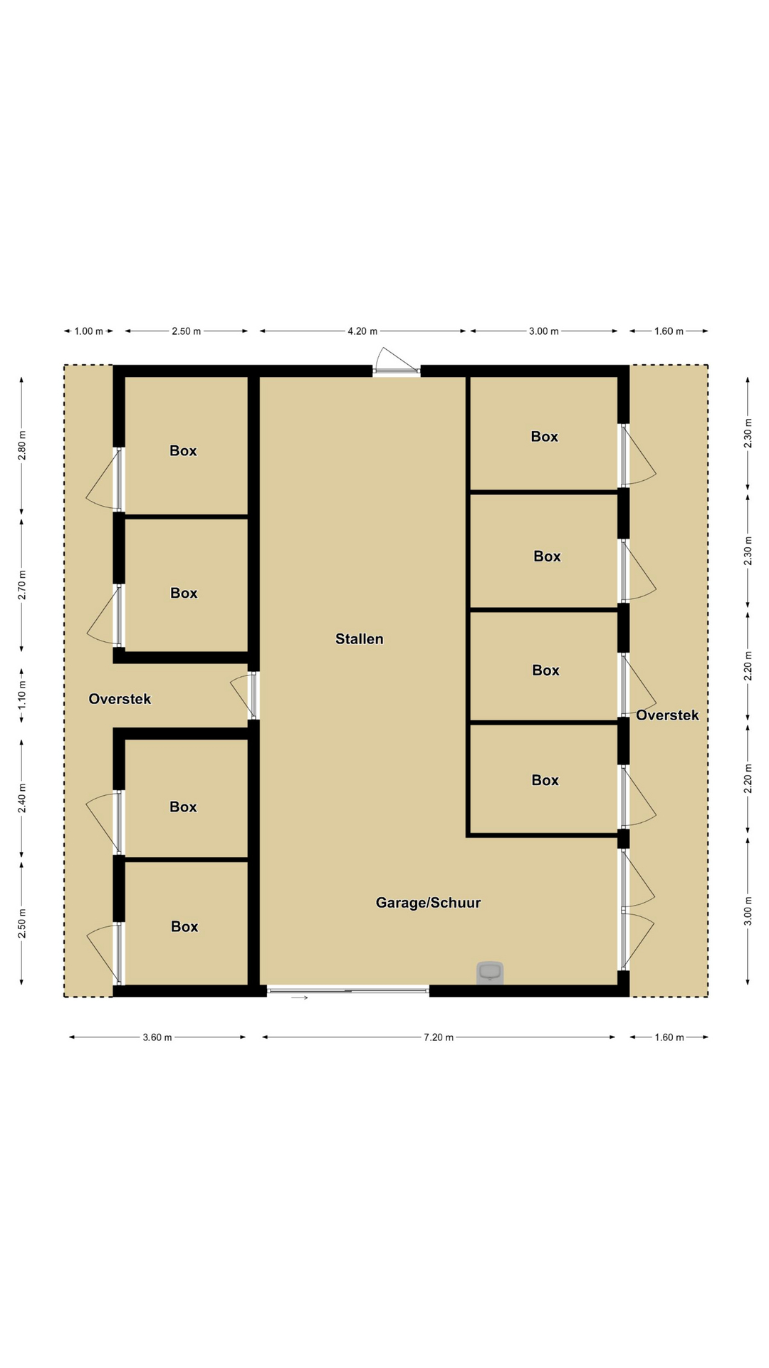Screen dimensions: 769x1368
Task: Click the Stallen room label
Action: tap(360, 639)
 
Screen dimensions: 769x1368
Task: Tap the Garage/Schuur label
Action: tap(428, 903)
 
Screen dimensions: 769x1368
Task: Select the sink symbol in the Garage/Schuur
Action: tap(490, 973)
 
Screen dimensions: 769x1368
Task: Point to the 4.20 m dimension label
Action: tap(362, 331)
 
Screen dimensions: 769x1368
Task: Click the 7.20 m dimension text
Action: tap(439, 1037)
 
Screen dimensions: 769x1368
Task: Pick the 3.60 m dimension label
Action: tap(157, 1037)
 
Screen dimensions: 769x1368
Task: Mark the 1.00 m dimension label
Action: tap(89, 331)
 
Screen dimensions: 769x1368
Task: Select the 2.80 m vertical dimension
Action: tap(22, 446)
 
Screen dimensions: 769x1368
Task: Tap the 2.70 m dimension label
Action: tap(22, 585)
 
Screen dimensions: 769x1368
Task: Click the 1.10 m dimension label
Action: tap(22, 695)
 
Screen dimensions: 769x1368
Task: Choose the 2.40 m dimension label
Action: tap(22, 798)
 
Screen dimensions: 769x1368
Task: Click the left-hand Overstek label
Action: tap(120, 699)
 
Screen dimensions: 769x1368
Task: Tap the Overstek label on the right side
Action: tap(667, 715)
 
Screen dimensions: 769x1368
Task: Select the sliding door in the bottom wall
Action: tap(348, 990)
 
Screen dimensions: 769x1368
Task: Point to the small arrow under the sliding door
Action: tap(300, 997)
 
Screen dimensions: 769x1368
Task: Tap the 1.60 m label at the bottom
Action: tap(669, 1037)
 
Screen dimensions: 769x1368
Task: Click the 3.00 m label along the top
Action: tap(544, 331)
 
